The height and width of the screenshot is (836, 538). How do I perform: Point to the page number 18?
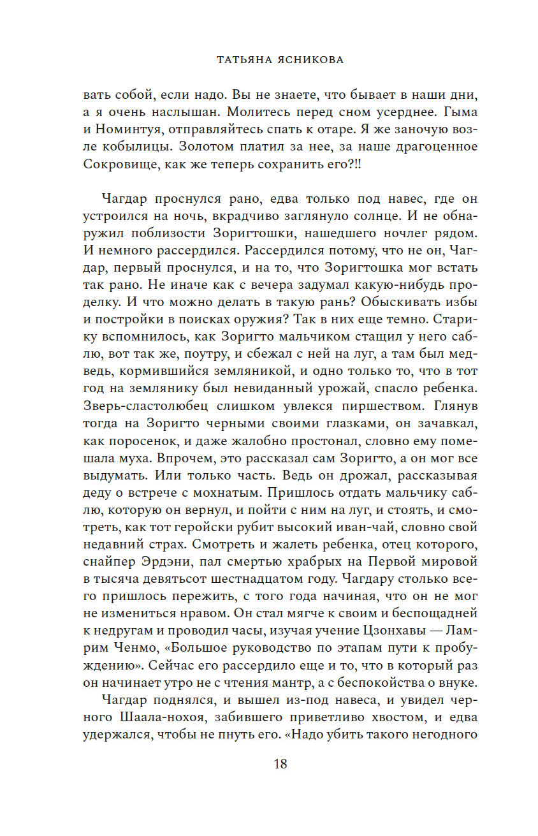pyautogui.click(x=280, y=764)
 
